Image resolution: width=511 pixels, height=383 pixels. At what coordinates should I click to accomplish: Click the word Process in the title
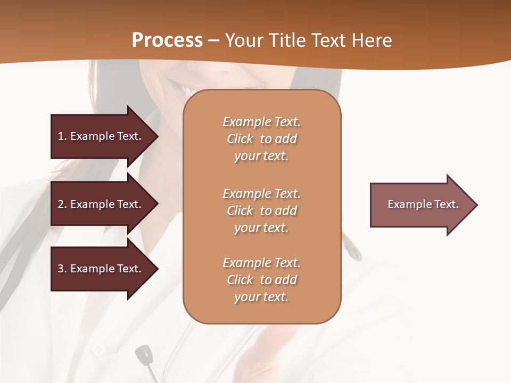coord(167,40)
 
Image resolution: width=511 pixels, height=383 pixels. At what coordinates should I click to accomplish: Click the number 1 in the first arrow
coord(61,136)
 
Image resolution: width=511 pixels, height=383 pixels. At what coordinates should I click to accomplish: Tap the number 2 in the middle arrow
coord(61,204)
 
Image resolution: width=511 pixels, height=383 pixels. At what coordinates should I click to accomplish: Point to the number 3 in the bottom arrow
coord(61,269)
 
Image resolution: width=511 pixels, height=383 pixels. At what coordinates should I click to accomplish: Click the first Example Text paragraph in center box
coord(261,139)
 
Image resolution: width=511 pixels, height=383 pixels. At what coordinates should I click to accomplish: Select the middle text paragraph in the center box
coord(261,211)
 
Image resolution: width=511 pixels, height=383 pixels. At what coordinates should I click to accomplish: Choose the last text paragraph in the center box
coord(261,280)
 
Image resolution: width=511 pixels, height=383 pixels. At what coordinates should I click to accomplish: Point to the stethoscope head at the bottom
coord(144,354)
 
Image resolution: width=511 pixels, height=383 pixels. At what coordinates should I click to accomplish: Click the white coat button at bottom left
coord(98,350)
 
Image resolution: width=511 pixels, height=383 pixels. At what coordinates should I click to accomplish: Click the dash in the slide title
coord(213,41)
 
